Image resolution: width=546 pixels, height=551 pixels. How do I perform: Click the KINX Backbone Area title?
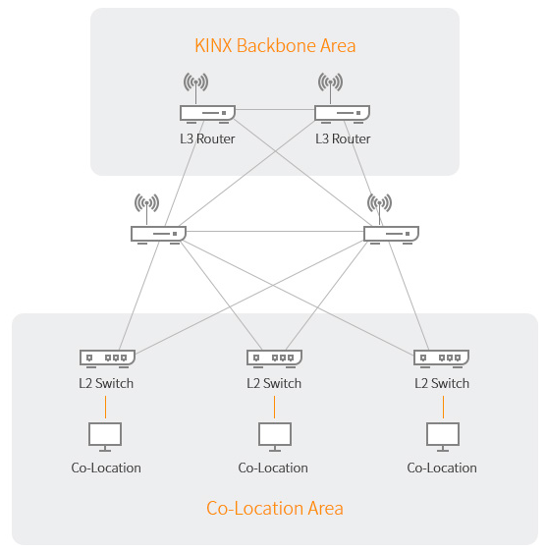coord(275,46)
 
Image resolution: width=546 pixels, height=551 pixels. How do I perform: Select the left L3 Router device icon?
coord(207,114)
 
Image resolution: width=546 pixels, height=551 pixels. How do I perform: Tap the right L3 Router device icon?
coord(342,114)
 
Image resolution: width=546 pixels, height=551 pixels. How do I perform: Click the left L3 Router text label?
coord(207,138)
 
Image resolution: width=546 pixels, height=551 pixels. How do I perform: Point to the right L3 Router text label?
coord(343,138)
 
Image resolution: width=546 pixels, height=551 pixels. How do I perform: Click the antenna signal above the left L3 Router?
coord(195,83)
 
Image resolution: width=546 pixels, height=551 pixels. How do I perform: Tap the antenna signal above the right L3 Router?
coord(330,83)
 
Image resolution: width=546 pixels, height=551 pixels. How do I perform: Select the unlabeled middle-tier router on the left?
coord(158,235)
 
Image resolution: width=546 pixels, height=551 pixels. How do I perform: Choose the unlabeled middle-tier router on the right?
coord(391,235)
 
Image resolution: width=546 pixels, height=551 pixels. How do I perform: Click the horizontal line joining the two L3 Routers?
coord(275,110)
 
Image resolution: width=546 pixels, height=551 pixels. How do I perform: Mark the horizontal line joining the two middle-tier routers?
coord(275,231)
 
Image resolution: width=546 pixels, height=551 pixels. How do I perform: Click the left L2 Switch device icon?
coord(107,358)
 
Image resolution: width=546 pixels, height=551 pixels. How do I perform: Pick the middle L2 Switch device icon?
coord(274,358)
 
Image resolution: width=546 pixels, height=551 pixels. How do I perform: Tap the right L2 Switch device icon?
coord(441,358)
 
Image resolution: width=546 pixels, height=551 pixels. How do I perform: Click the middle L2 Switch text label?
coord(274,383)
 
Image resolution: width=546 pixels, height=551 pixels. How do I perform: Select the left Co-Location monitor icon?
coord(105,437)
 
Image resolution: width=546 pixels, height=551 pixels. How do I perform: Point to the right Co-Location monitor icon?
coord(443,437)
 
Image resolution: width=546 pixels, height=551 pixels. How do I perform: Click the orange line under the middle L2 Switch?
coord(274,407)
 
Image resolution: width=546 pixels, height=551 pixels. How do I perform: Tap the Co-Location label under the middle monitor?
coord(273,468)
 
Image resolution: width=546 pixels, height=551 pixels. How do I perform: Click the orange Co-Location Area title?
coord(275,508)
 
